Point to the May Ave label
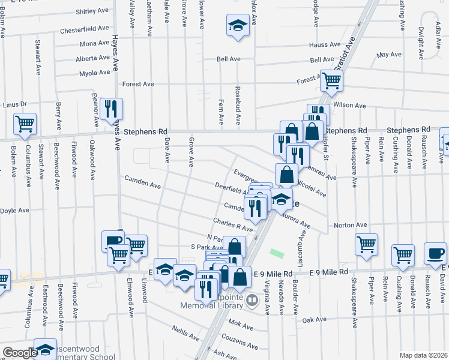[388, 55]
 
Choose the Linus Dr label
[15, 104]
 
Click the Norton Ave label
[350, 225]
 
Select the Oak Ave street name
[314, 320]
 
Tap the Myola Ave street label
[94, 74]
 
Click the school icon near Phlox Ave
[238, 26]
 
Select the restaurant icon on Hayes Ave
[111, 109]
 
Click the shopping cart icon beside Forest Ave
[331, 80]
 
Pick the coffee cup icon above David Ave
[435, 253]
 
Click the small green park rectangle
[277, 254]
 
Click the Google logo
[19, 353]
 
